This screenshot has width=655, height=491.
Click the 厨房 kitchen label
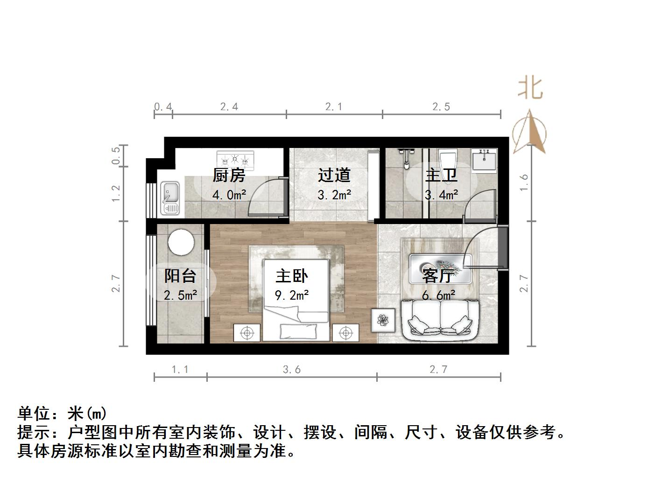tap(229, 175)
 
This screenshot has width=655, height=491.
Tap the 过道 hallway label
tap(334, 175)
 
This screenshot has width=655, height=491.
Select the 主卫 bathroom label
tap(441, 175)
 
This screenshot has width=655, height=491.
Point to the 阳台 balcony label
tap(180, 276)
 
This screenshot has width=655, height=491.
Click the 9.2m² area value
tap(292, 295)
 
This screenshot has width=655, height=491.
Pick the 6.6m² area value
tap(439, 295)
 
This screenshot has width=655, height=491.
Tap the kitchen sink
tap(170, 198)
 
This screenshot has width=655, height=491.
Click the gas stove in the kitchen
tap(235, 160)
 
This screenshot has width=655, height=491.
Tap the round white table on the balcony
tap(181, 241)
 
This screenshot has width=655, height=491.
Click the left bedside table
tap(247, 333)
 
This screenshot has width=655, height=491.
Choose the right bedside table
tap(345, 333)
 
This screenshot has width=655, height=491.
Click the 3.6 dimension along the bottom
tap(292, 370)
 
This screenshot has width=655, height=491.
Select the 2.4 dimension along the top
tap(229, 107)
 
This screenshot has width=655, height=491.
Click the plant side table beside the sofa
tap(383, 320)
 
